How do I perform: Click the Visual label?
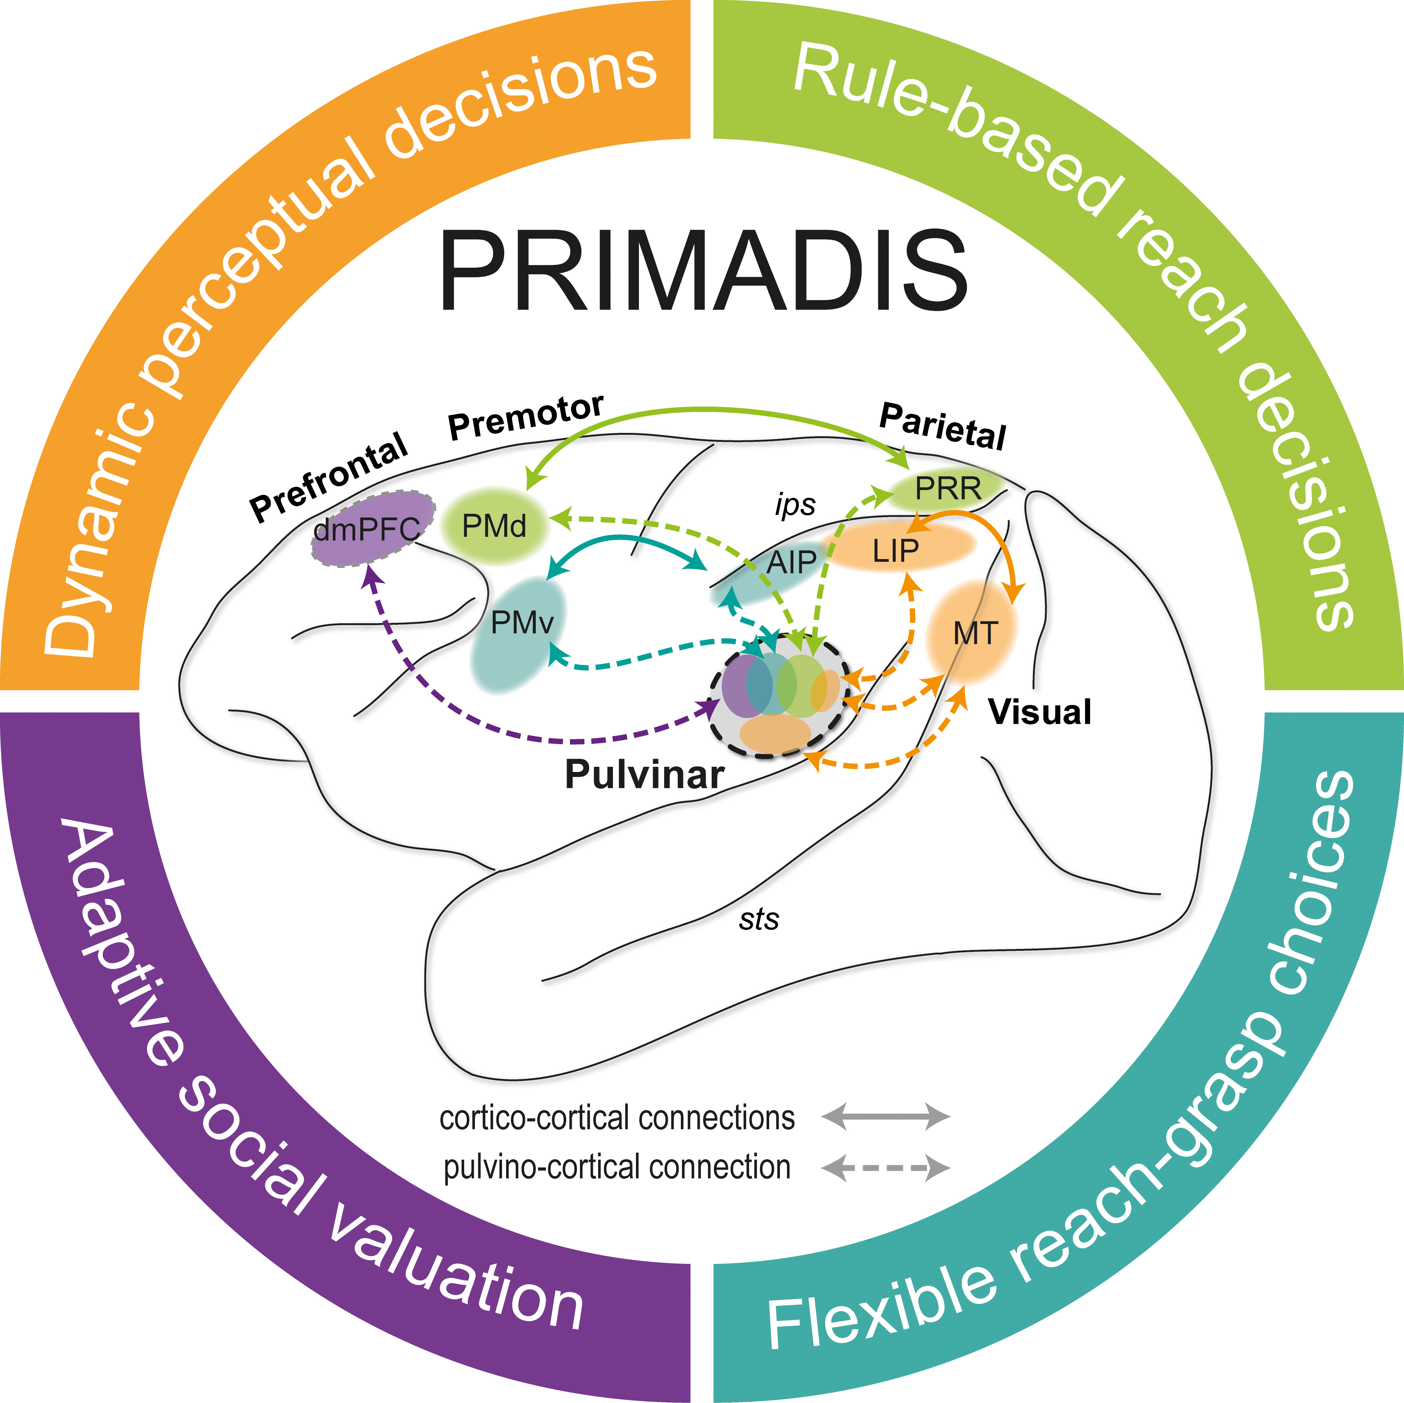[1039, 712]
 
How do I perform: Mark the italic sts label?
[759, 919]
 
